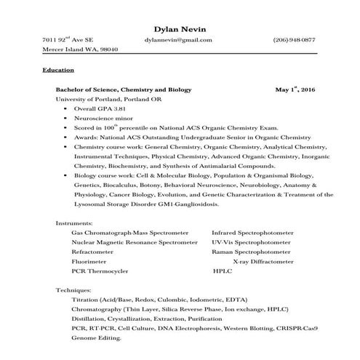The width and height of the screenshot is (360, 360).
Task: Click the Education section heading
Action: pos(58,70)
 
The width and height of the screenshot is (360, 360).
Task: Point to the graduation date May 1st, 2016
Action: pos(296,88)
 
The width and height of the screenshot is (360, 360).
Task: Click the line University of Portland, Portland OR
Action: pos(102,98)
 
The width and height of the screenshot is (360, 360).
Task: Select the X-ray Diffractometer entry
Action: pos(262,260)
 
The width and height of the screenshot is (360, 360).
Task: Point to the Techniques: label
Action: pos(73,290)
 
